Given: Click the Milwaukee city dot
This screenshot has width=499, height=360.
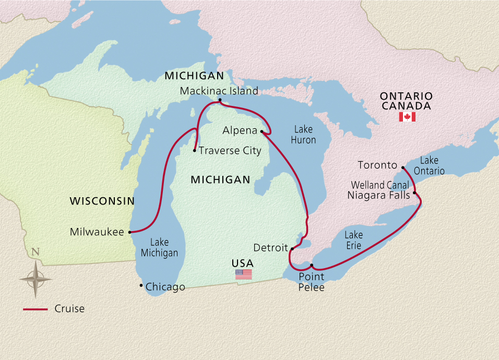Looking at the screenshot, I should click(x=129, y=232).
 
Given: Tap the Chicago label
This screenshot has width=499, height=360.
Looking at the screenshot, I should click(x=165, y=287).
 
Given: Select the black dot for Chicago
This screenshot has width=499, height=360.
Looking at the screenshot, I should click(x=141, y=285).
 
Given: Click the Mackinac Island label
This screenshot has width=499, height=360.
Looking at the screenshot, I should click(x=219, y=91).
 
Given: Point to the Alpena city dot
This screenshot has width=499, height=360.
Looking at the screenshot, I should click(x=262, y=131).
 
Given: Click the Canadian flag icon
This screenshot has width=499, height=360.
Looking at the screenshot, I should click(x=407, y=117).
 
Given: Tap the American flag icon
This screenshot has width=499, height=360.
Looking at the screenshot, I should click(x=243, y=274).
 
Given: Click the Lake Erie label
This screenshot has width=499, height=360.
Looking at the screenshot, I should click(x=353, y=241).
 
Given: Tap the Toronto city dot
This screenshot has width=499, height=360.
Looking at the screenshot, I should click(x=402, y=167).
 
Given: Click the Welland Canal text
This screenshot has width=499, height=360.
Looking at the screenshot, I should click(x=380, y=185).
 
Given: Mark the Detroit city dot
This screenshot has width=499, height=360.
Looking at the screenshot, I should click(x=292, y=249).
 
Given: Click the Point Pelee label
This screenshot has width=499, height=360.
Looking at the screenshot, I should click(x=311, y=282).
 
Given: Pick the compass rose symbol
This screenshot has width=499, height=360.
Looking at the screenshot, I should click(x=35, y=278).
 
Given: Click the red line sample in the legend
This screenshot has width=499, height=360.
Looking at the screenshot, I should click(x=35, y=309).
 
